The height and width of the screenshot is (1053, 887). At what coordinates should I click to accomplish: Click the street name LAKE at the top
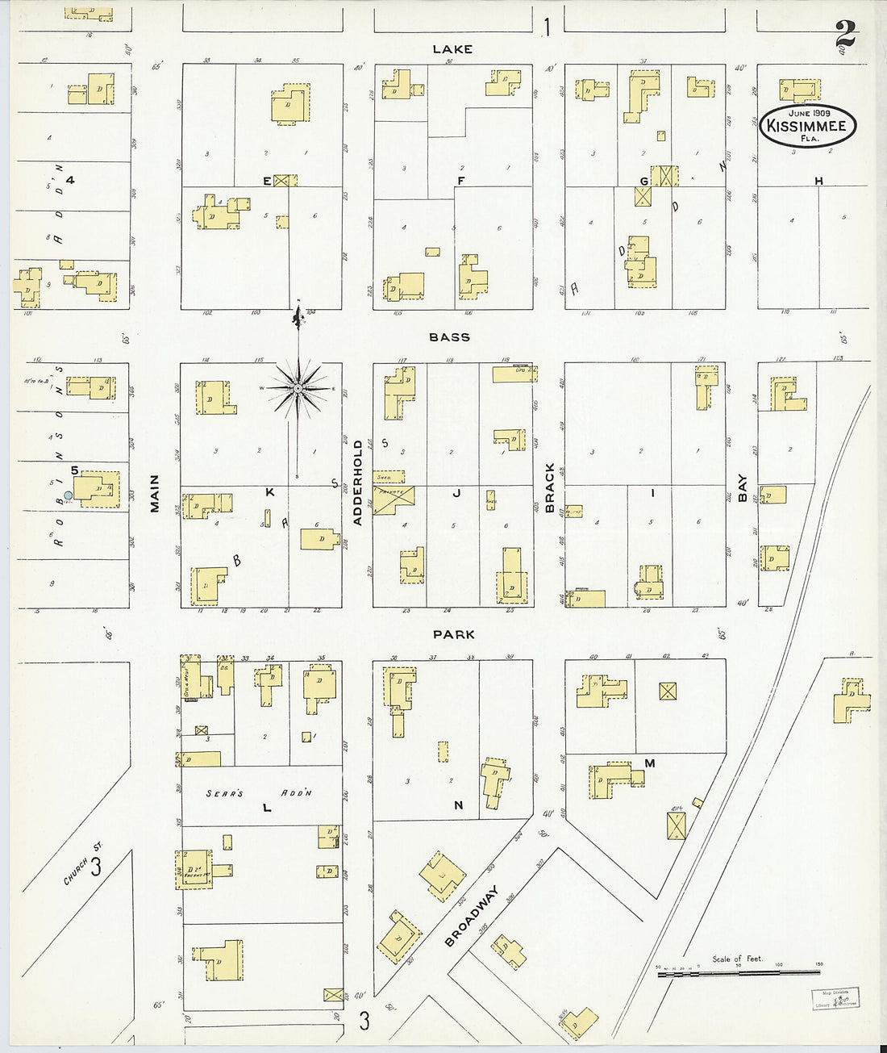[452, 49]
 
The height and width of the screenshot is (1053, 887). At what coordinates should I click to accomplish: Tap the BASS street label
[450, 337]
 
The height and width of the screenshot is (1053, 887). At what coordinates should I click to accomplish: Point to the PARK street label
[453, 635]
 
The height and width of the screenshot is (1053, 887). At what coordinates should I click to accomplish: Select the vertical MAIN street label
[154, 493]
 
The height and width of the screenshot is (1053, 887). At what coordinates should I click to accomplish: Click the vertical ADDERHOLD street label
[358, 483]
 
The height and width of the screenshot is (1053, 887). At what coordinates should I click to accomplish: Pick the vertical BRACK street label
[550, 488]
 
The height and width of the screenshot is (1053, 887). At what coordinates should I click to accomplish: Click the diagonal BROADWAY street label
[473, 916]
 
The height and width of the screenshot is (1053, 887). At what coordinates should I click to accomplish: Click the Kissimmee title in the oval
[806, 127]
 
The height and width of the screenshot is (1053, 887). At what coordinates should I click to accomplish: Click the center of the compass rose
[298, 389]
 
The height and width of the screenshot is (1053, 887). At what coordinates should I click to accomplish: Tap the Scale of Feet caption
[736, 959]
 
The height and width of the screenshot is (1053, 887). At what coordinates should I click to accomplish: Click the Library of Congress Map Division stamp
[835, 998]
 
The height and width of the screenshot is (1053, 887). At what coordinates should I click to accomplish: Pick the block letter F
[460, 181]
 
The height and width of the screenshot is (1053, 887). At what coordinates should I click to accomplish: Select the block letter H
[818, 182]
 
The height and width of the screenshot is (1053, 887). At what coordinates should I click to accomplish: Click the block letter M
[649, 763]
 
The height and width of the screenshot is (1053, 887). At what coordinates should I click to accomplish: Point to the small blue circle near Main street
[69, 495]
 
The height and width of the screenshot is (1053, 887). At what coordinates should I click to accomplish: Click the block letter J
[456, 493]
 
